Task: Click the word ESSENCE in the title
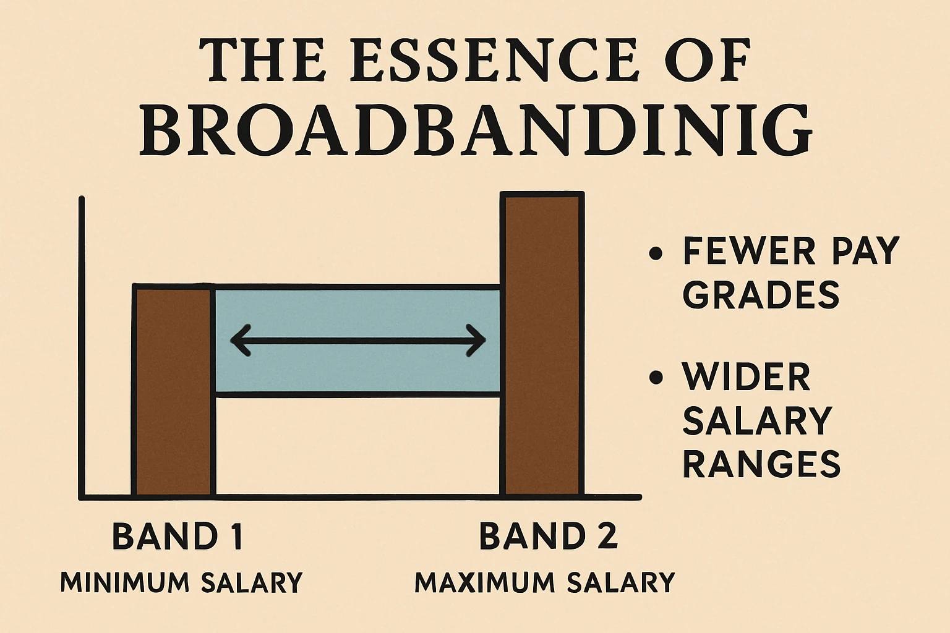click(x=492, y=60)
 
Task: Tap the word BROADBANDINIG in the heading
click(x=475, y=132)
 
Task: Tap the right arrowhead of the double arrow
click(x=477, y=340)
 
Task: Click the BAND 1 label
click(x=178, y=536)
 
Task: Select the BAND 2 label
click(x=549, y=536)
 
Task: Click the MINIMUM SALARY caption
click(x=181, y=582)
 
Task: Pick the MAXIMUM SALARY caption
click(x=544, y=582)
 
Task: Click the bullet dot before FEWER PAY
click(x=656, y=253)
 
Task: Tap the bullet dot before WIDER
click(x=656, y=377)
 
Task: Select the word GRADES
click(x=761, y=295)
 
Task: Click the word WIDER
click(x=747, y=377)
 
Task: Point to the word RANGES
click(x=761, y=463)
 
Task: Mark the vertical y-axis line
click(x=81, y=346)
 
